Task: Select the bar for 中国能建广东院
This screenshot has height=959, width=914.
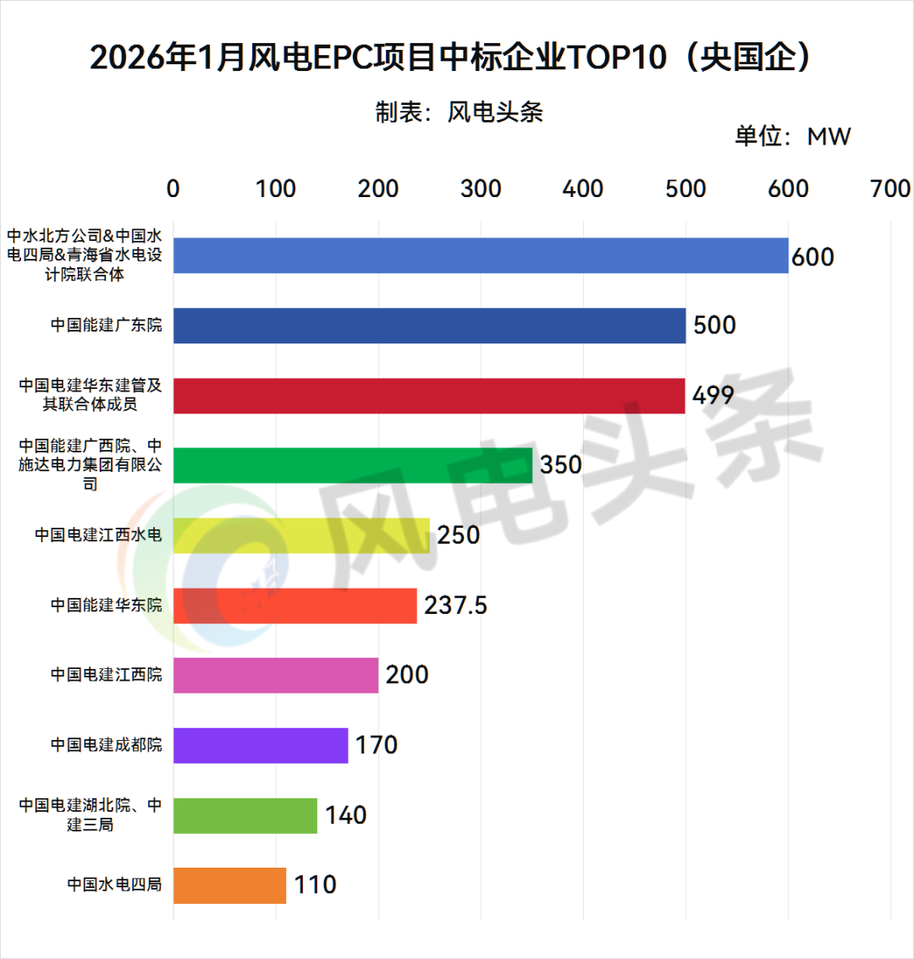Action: (x=429, y=326)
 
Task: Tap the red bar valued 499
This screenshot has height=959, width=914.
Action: (x=429, y=396)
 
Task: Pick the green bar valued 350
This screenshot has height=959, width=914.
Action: (x=353, y=465)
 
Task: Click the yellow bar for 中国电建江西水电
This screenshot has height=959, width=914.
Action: (x=301, y=535)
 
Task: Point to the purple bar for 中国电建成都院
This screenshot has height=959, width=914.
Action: (x=261, y=745)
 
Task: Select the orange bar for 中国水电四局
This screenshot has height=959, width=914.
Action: (x=229, y=885)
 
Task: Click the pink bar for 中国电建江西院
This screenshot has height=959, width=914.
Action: (x=276, y=675)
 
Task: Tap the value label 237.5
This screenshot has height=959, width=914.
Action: (x=455, y=606)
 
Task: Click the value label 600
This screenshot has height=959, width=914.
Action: (x=812, y=256)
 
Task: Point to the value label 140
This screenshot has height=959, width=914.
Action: (x=345, y=815)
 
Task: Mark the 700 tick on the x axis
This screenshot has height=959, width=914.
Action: (x=890, y=189)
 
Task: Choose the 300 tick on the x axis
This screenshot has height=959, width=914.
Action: (x=481, y=189)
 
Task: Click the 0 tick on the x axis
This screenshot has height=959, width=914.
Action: (x=173, y=189)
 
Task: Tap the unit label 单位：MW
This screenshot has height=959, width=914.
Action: (x=792, y=136)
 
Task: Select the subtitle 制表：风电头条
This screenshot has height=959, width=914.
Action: (x=459, y=112)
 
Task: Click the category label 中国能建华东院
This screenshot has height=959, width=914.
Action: (x=106, y=606)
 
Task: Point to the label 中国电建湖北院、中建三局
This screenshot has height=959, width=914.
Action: (x=91, y=814)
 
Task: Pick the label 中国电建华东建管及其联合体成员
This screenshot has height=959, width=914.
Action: (x=91, y=395)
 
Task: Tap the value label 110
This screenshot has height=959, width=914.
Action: (x=315, y=885)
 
